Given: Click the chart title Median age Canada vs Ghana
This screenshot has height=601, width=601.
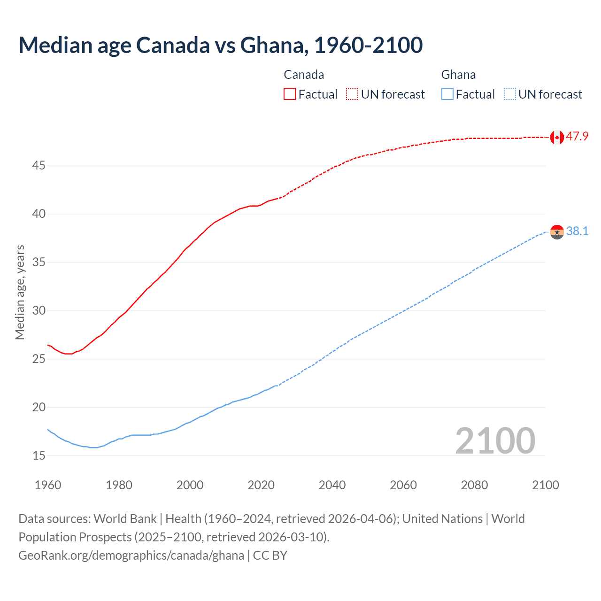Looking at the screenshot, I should click(221, 45).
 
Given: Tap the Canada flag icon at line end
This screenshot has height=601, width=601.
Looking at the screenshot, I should click(557, 137).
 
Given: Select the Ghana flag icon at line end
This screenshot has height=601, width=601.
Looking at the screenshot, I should click(557, 231).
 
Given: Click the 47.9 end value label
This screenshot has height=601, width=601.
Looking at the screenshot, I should click(577, 137).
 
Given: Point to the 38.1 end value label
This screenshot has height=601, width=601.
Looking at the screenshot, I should click(577, 231).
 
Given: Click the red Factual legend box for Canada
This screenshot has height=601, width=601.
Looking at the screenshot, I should click(290, 94).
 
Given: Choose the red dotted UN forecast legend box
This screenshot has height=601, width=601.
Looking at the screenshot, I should click(352, 94).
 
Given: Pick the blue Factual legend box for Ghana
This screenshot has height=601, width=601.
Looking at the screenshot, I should click(447, 94).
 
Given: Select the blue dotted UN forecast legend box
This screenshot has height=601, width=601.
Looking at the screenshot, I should click(509, 94).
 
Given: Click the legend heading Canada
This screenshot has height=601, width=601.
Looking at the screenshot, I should click(304, 75).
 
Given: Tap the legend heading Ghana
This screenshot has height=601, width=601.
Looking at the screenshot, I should click(458, 75).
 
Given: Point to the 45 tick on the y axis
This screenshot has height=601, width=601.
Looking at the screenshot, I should click(39, 166).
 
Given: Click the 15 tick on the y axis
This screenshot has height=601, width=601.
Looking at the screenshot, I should click(39, 455).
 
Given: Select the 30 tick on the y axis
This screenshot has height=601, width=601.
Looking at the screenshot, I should click(39, 310).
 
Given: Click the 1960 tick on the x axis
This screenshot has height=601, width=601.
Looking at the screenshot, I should click(48, 485).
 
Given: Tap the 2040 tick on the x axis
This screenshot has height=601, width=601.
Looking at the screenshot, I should click(332, 485).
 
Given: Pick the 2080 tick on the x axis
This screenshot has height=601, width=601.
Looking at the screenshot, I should click(474, 485).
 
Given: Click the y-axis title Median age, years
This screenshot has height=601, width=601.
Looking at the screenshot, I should click(20, 292).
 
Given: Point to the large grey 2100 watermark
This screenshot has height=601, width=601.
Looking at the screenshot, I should click(495, 440).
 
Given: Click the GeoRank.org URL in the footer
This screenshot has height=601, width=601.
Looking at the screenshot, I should click(131, 555).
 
